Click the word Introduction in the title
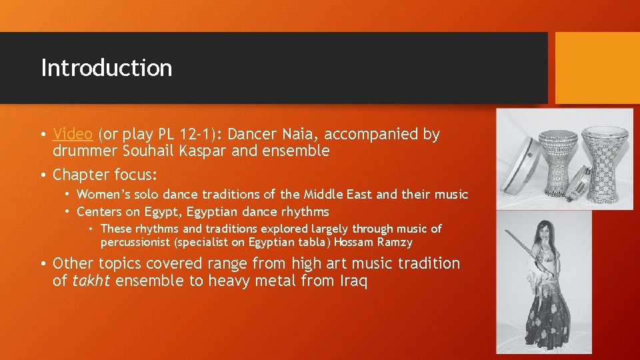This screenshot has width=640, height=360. [107, 68]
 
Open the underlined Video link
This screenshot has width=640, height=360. [73, 134]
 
